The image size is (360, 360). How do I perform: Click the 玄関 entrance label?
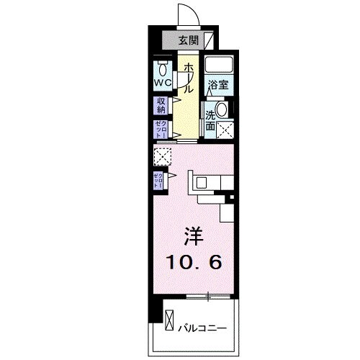pyautogui.click(x=188, y=40)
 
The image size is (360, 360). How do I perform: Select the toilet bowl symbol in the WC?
pyautogui.click(x=161, y=69)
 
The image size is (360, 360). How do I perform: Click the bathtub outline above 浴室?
pyautogui.click(x=217, y=66)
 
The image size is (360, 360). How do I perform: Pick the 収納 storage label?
pyautogui.click(x=160, y=106)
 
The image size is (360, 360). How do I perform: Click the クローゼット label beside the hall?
pyautogui.click(x=160, y=130)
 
